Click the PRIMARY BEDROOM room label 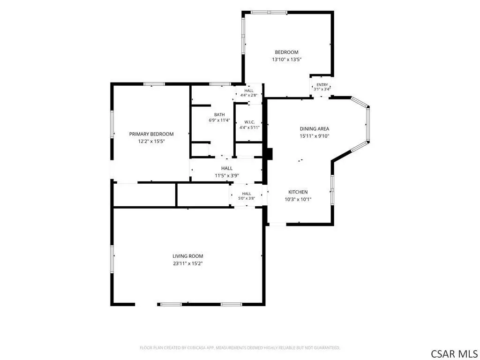(x=151, y=134)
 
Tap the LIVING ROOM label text (x=187, y=256)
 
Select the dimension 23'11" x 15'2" (x=187, y=263)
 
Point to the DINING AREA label (x=315, y=129)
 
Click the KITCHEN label (x=298, y=192)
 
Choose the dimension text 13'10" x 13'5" (x=286, y=60)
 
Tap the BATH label (x=219, y=115)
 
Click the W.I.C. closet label (x=249, y=122)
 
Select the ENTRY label (x=322, y=85)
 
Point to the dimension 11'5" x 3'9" (x=227, y=176)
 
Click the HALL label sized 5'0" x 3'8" (x=247, y=194)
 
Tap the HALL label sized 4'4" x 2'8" (x=249, y=91)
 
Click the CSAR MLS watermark (x=454, y=353)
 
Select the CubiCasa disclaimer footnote (x=240, y=348)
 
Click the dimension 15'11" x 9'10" (x=315, y=136)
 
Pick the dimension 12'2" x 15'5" (x=151, y=142)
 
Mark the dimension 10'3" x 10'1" (x=298, y=200)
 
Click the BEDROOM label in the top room (x=286, y=52)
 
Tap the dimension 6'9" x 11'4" (x=219, y=120)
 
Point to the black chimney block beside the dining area (x=269, y=154)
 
